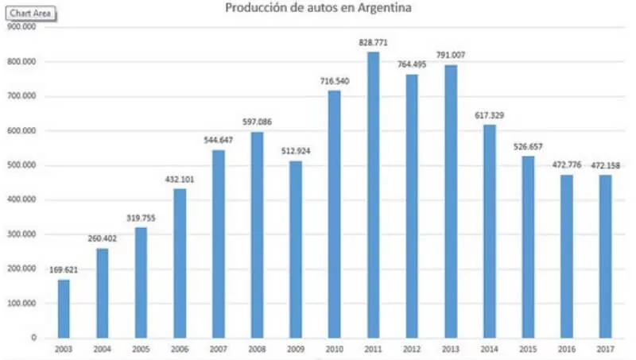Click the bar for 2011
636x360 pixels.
(373, 195)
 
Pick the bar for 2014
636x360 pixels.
(489, 231)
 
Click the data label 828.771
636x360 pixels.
(372, 42)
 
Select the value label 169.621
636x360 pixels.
(63, 270)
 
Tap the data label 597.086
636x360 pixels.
(257, 122)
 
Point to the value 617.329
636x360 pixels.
(489, 115)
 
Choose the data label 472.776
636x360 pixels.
(567, 165)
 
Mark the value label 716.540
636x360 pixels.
(334, 81)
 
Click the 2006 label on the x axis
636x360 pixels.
(180, 348)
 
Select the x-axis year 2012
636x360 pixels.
(412, 348)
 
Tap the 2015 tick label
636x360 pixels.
(528, 348)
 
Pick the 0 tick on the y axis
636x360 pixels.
(34, 338)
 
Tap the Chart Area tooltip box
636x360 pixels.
(28, 14)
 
